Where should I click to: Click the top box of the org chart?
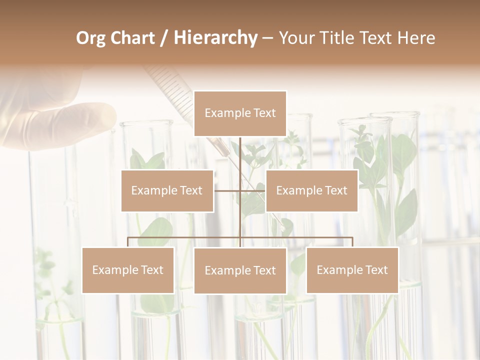tap(240, 113)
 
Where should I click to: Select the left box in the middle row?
tap(167, 190)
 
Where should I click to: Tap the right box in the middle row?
tap(311, 190)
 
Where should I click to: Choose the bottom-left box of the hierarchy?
tap(128, 270)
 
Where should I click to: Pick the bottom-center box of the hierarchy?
tap(240, 270)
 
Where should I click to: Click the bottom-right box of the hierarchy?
tap(352, 270)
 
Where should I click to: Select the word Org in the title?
tap(90, 38)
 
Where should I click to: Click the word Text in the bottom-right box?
tap(376, 270)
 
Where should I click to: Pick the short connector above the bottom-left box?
tap(128, 242)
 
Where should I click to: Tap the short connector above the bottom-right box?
tap(352, 242)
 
